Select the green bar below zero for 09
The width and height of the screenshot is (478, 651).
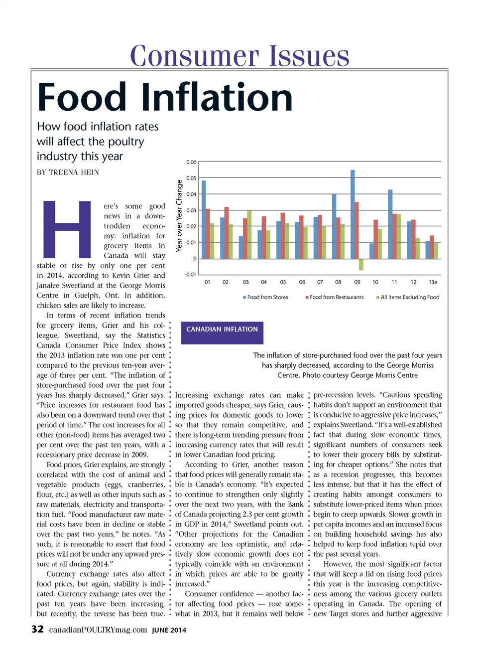point(361,264)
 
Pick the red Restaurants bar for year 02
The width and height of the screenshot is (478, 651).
point(227,233)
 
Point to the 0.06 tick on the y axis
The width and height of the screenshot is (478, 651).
point(191,162)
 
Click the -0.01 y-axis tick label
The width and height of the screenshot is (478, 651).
point(190,275)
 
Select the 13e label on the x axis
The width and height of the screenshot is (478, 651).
point(433,282)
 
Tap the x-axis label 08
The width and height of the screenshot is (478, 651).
point(338,282)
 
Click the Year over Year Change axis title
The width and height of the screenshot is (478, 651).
point(179,216)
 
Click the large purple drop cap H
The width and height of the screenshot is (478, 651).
point(67,229)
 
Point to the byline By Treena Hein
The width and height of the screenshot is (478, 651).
point(68,172)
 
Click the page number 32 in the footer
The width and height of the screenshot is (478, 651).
point(37,629)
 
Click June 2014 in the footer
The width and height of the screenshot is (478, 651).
point(169,630)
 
